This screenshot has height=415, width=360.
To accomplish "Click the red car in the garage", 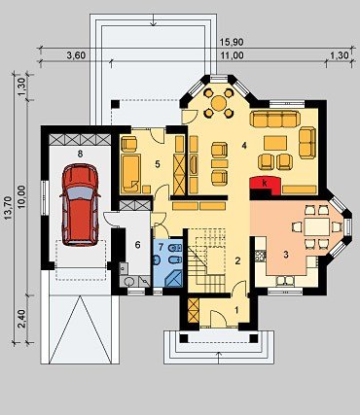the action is [x=80, y=204].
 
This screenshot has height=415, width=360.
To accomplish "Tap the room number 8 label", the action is [x=80, y=154].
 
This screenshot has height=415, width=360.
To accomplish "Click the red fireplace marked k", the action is [x=266, y=186].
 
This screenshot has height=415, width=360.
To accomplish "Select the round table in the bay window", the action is [x=219, y=103].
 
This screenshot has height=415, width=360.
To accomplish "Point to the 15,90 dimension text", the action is [x=232, y=42].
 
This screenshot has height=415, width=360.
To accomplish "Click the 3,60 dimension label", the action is [x=76, y=55].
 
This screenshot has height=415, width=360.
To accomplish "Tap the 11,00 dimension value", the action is [x=233, y=55].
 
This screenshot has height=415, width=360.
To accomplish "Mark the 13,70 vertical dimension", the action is [x=9, y=208].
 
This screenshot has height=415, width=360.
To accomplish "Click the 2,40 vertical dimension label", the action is [x=22, y=319].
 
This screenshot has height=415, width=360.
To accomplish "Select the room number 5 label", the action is [x=158, y=164].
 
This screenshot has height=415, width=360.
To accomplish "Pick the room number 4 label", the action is [x=244, y=146].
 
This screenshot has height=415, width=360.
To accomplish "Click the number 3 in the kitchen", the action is [x=286, y=255].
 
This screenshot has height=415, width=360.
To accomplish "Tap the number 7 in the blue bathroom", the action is [x=161, y=247].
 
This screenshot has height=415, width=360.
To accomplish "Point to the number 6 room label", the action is [x=137, y=245].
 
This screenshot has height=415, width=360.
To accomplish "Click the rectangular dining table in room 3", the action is [x=317, y=227].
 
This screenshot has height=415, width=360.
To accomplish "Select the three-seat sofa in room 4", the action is [x=274, y=120].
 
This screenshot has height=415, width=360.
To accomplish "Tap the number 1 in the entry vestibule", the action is [x=236, y=310].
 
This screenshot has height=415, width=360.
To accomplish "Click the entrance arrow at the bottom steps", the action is [x=219, y=357].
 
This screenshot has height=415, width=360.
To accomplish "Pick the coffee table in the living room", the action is [x=275, y=143].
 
